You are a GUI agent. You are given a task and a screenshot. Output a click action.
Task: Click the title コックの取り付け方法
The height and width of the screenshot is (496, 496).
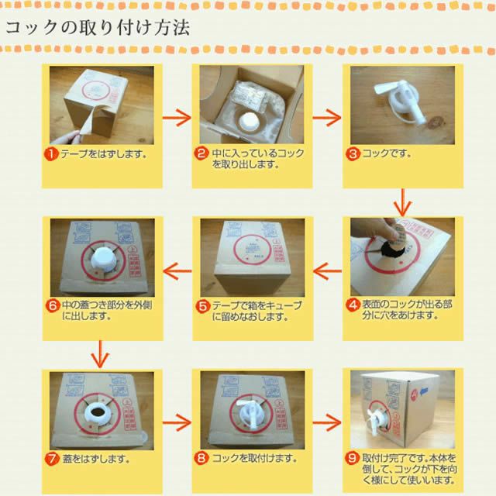(98, 28)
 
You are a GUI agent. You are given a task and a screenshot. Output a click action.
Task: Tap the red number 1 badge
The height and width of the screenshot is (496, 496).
(52, 154)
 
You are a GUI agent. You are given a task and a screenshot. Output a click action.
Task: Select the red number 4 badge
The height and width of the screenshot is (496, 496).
(353, 305)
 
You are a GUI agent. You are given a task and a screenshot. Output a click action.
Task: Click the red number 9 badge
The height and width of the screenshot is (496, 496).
(352, 458)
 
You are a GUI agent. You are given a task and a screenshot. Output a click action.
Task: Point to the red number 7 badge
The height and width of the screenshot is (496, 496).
(52, 459)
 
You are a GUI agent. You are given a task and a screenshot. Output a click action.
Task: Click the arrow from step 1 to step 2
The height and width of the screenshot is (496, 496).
(177, 118)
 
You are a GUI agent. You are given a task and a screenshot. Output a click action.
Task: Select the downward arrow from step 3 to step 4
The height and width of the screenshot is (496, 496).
(402, 202)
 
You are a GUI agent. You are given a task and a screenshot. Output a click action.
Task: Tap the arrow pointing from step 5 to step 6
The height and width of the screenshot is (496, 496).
(177, 271)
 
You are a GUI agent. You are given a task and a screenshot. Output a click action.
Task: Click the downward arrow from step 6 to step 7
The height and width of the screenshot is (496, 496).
(100, 354)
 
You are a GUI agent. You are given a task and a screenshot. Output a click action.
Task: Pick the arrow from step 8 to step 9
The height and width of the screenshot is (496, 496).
(327, 422)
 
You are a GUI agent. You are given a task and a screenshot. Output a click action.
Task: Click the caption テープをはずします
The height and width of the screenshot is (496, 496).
(104, 154)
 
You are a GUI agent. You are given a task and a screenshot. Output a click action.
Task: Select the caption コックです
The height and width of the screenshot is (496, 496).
(387, 153)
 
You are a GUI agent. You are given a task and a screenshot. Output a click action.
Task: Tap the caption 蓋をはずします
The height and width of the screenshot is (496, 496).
(96, 459)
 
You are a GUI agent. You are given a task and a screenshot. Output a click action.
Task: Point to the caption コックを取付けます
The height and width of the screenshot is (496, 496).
(255, 458)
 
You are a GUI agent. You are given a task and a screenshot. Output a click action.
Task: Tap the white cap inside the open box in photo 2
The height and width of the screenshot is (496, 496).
(250, 121)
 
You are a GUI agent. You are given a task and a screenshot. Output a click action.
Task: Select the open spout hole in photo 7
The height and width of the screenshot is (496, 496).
(98, 412)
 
